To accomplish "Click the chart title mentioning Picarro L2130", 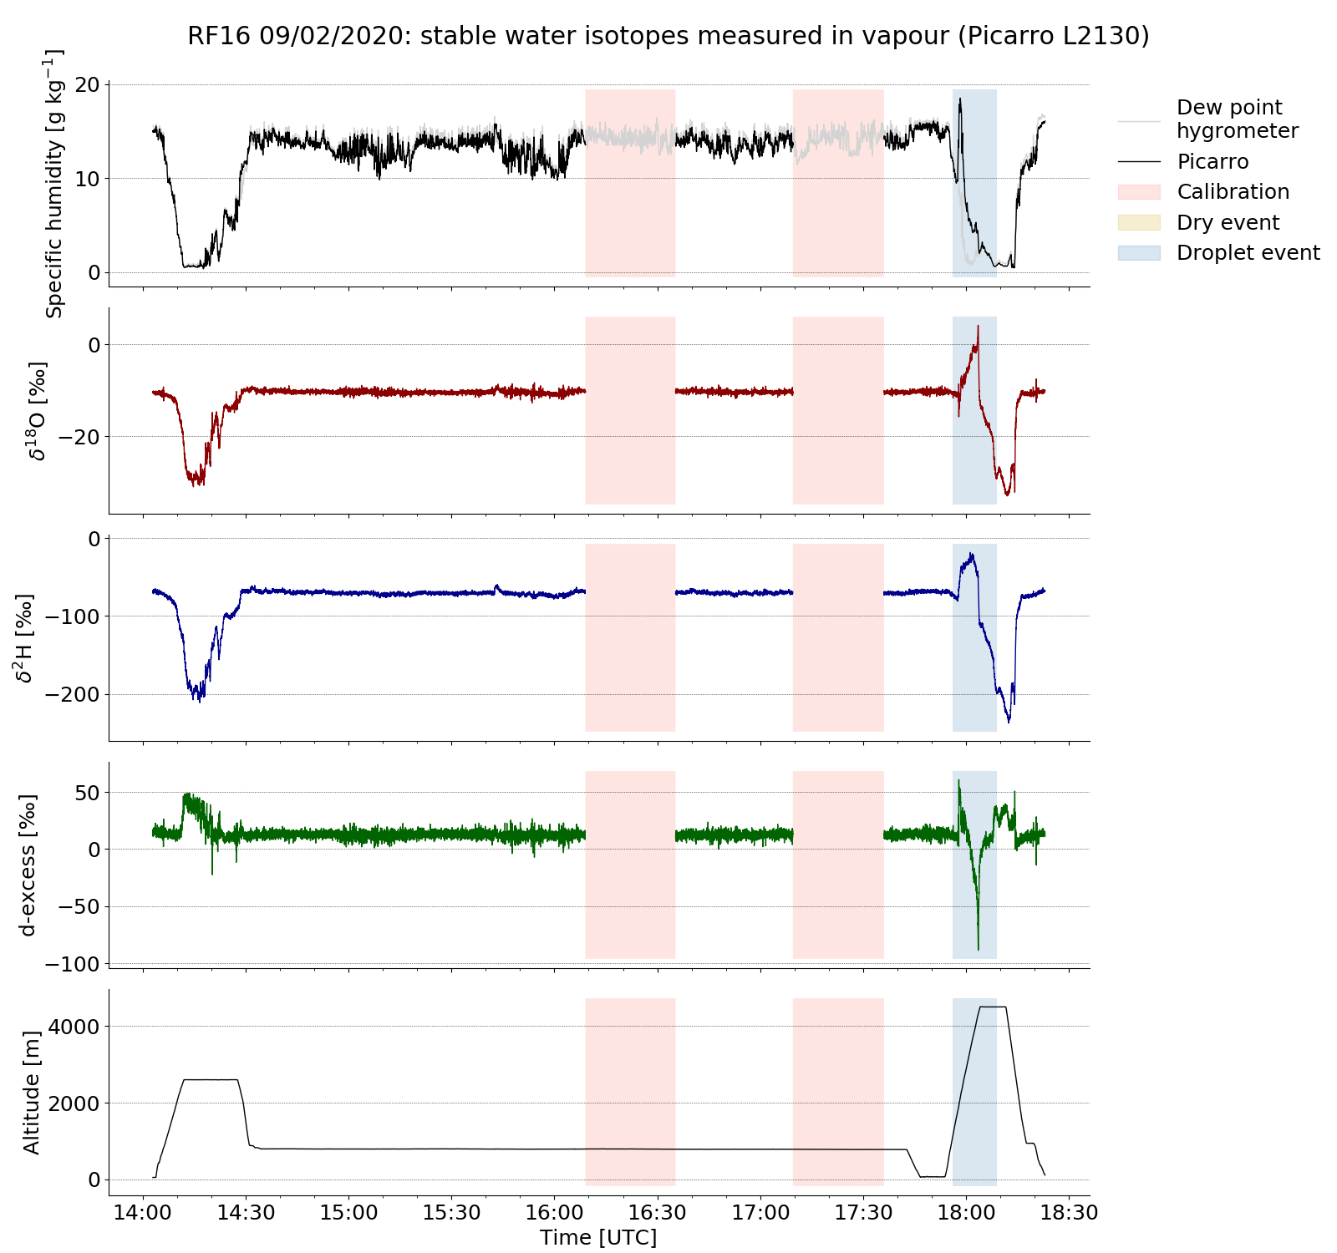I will click(668, 36).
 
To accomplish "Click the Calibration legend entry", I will click(1233, 192).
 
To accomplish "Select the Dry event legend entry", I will click(1228, 223).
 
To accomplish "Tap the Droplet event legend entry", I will click(1248, 253).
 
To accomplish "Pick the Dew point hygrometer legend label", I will click(1237, 119).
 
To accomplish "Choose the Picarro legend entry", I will click(1212, 162).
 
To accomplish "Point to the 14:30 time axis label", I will click(246, 1212).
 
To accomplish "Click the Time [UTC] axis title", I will click(598, 1237).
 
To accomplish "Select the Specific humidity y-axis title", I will click(54, 184).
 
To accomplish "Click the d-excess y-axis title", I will click(28, 865).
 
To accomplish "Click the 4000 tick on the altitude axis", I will click(76, 1026).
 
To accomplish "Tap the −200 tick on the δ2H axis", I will click(71, 694).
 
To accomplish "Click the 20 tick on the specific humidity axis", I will click(88, 85).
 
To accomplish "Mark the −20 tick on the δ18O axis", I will click(77, 437).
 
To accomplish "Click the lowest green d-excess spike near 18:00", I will click(979, 949).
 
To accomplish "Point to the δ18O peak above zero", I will click(978, 327).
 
